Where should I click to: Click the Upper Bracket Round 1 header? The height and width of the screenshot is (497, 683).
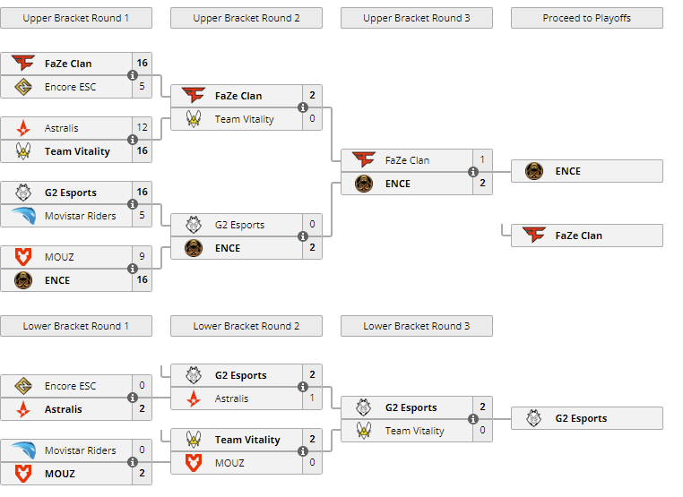(x=76, y=18)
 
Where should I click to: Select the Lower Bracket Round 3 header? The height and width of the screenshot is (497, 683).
(x=416, y=326)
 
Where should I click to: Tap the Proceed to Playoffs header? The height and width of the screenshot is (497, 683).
(x=586, y=18)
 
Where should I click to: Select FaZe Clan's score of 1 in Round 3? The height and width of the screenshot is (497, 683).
(x=482, y=160)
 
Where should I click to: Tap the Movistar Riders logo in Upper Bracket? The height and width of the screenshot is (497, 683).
(x=23, y=216)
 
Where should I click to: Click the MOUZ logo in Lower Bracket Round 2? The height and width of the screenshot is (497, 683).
(x=194, y=463)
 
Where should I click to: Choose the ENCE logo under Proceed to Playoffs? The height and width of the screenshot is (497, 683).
(x=534, y=171)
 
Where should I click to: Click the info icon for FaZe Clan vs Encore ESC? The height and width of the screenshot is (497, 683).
(x=133, y=75)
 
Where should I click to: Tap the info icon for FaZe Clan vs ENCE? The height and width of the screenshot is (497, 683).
(x=472, y=172)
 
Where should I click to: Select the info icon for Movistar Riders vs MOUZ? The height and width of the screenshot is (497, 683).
(x=133, y=462)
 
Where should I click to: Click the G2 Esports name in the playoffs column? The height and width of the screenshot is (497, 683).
(x=581, y=418)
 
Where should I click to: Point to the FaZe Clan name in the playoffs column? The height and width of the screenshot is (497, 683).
(x=578, y=236)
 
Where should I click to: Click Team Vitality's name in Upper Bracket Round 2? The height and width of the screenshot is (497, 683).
(x=245, y=119)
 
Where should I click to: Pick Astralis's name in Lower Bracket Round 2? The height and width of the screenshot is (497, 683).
(x=232, y=398)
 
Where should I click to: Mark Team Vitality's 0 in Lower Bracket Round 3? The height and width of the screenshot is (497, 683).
(x=482, y=431)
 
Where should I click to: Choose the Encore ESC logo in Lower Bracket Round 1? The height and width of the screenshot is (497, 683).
(x=23, y=386)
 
